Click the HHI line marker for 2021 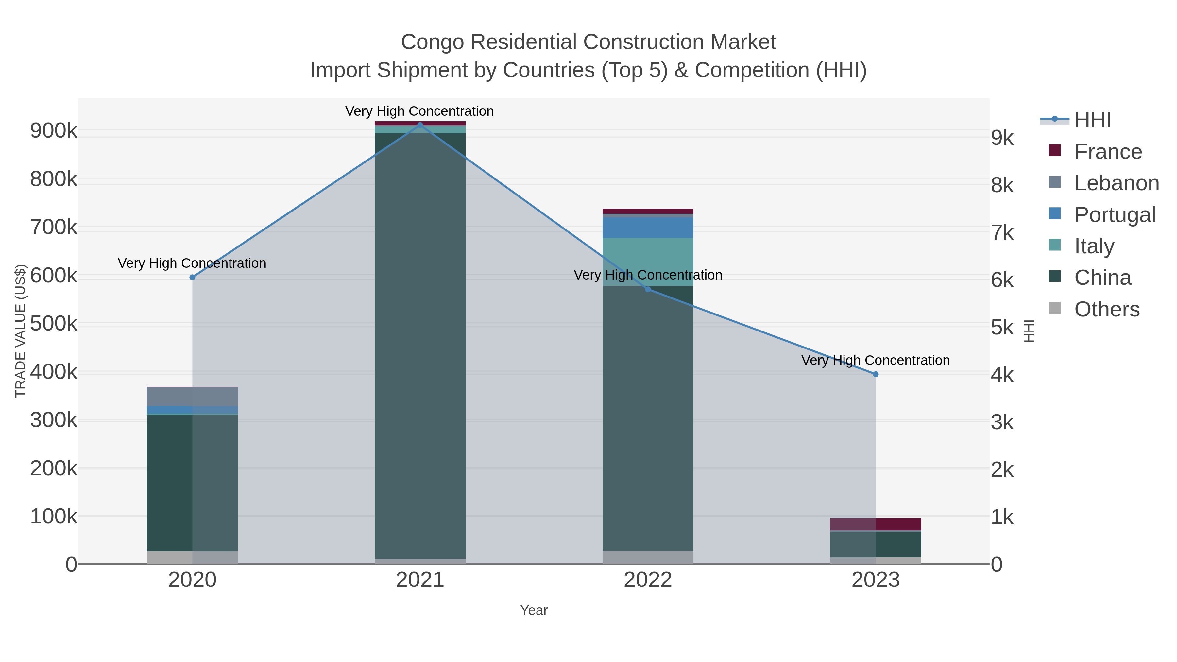click(420, 125)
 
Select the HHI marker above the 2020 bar click(192, 277)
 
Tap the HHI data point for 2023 click(876, 374)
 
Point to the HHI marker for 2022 click(647, 289)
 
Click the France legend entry click(1108, 152)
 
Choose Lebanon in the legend click(1116, 183)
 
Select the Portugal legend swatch click(1054, 214)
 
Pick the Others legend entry click(1107, 309)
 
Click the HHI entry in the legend click(1092, 120)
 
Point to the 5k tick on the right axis click(1002, 328)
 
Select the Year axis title click(534, 610)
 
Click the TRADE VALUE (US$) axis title click(21, 331)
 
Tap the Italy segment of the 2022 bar click(647, 262)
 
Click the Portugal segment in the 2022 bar click(647, 228)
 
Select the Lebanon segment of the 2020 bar click(192, 397)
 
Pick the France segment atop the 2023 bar click(876, 524)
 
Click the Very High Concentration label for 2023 click(876, 361)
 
